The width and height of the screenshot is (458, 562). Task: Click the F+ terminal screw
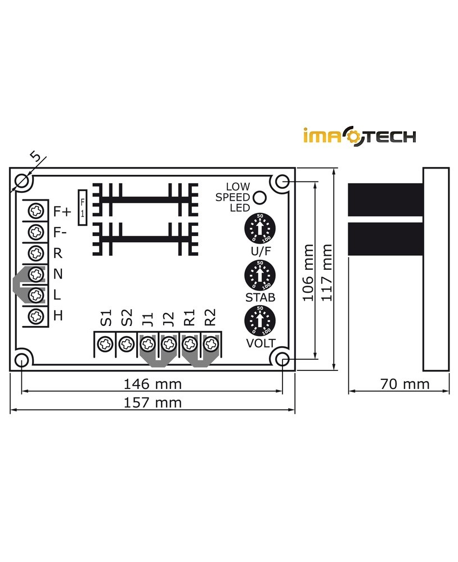click(37, 211)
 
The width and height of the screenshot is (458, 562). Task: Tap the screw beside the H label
click(37, 315)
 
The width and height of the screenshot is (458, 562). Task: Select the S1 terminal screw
click(104, 343)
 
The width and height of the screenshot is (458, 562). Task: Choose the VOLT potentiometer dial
click(259, 321)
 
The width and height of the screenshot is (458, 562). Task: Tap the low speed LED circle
click(259, 198)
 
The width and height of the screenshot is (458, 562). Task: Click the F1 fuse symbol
click(83, 207)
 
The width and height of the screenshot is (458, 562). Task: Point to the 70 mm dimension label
click(405, 384)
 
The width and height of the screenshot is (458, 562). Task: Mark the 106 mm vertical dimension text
click(308, 273)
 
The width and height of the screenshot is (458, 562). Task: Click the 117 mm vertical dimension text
click(326, 273)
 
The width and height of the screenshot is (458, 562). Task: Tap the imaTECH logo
click(360, 136)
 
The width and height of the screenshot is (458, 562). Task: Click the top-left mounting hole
click(23, 180)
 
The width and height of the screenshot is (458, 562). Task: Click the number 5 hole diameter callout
click(35, 157)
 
